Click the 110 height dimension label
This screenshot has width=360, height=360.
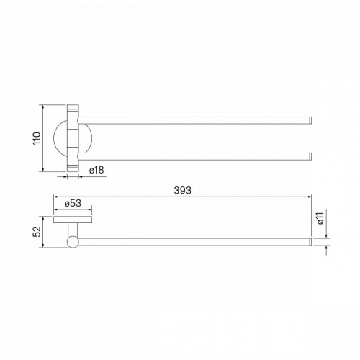click(37, 138)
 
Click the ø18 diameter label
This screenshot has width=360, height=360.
click(96, 170)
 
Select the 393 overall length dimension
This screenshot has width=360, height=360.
click(182, 190)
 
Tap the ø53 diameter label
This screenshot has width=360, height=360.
click(73, 203)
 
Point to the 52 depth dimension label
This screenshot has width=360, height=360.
click(37, 232)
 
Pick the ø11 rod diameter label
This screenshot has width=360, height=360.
click(320, 218)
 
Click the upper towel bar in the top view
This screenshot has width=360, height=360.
click(194, 120)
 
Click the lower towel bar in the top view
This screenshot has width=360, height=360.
click(194, 156)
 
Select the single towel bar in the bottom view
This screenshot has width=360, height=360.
click(194, 242)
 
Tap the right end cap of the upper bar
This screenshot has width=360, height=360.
click(310, 120)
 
